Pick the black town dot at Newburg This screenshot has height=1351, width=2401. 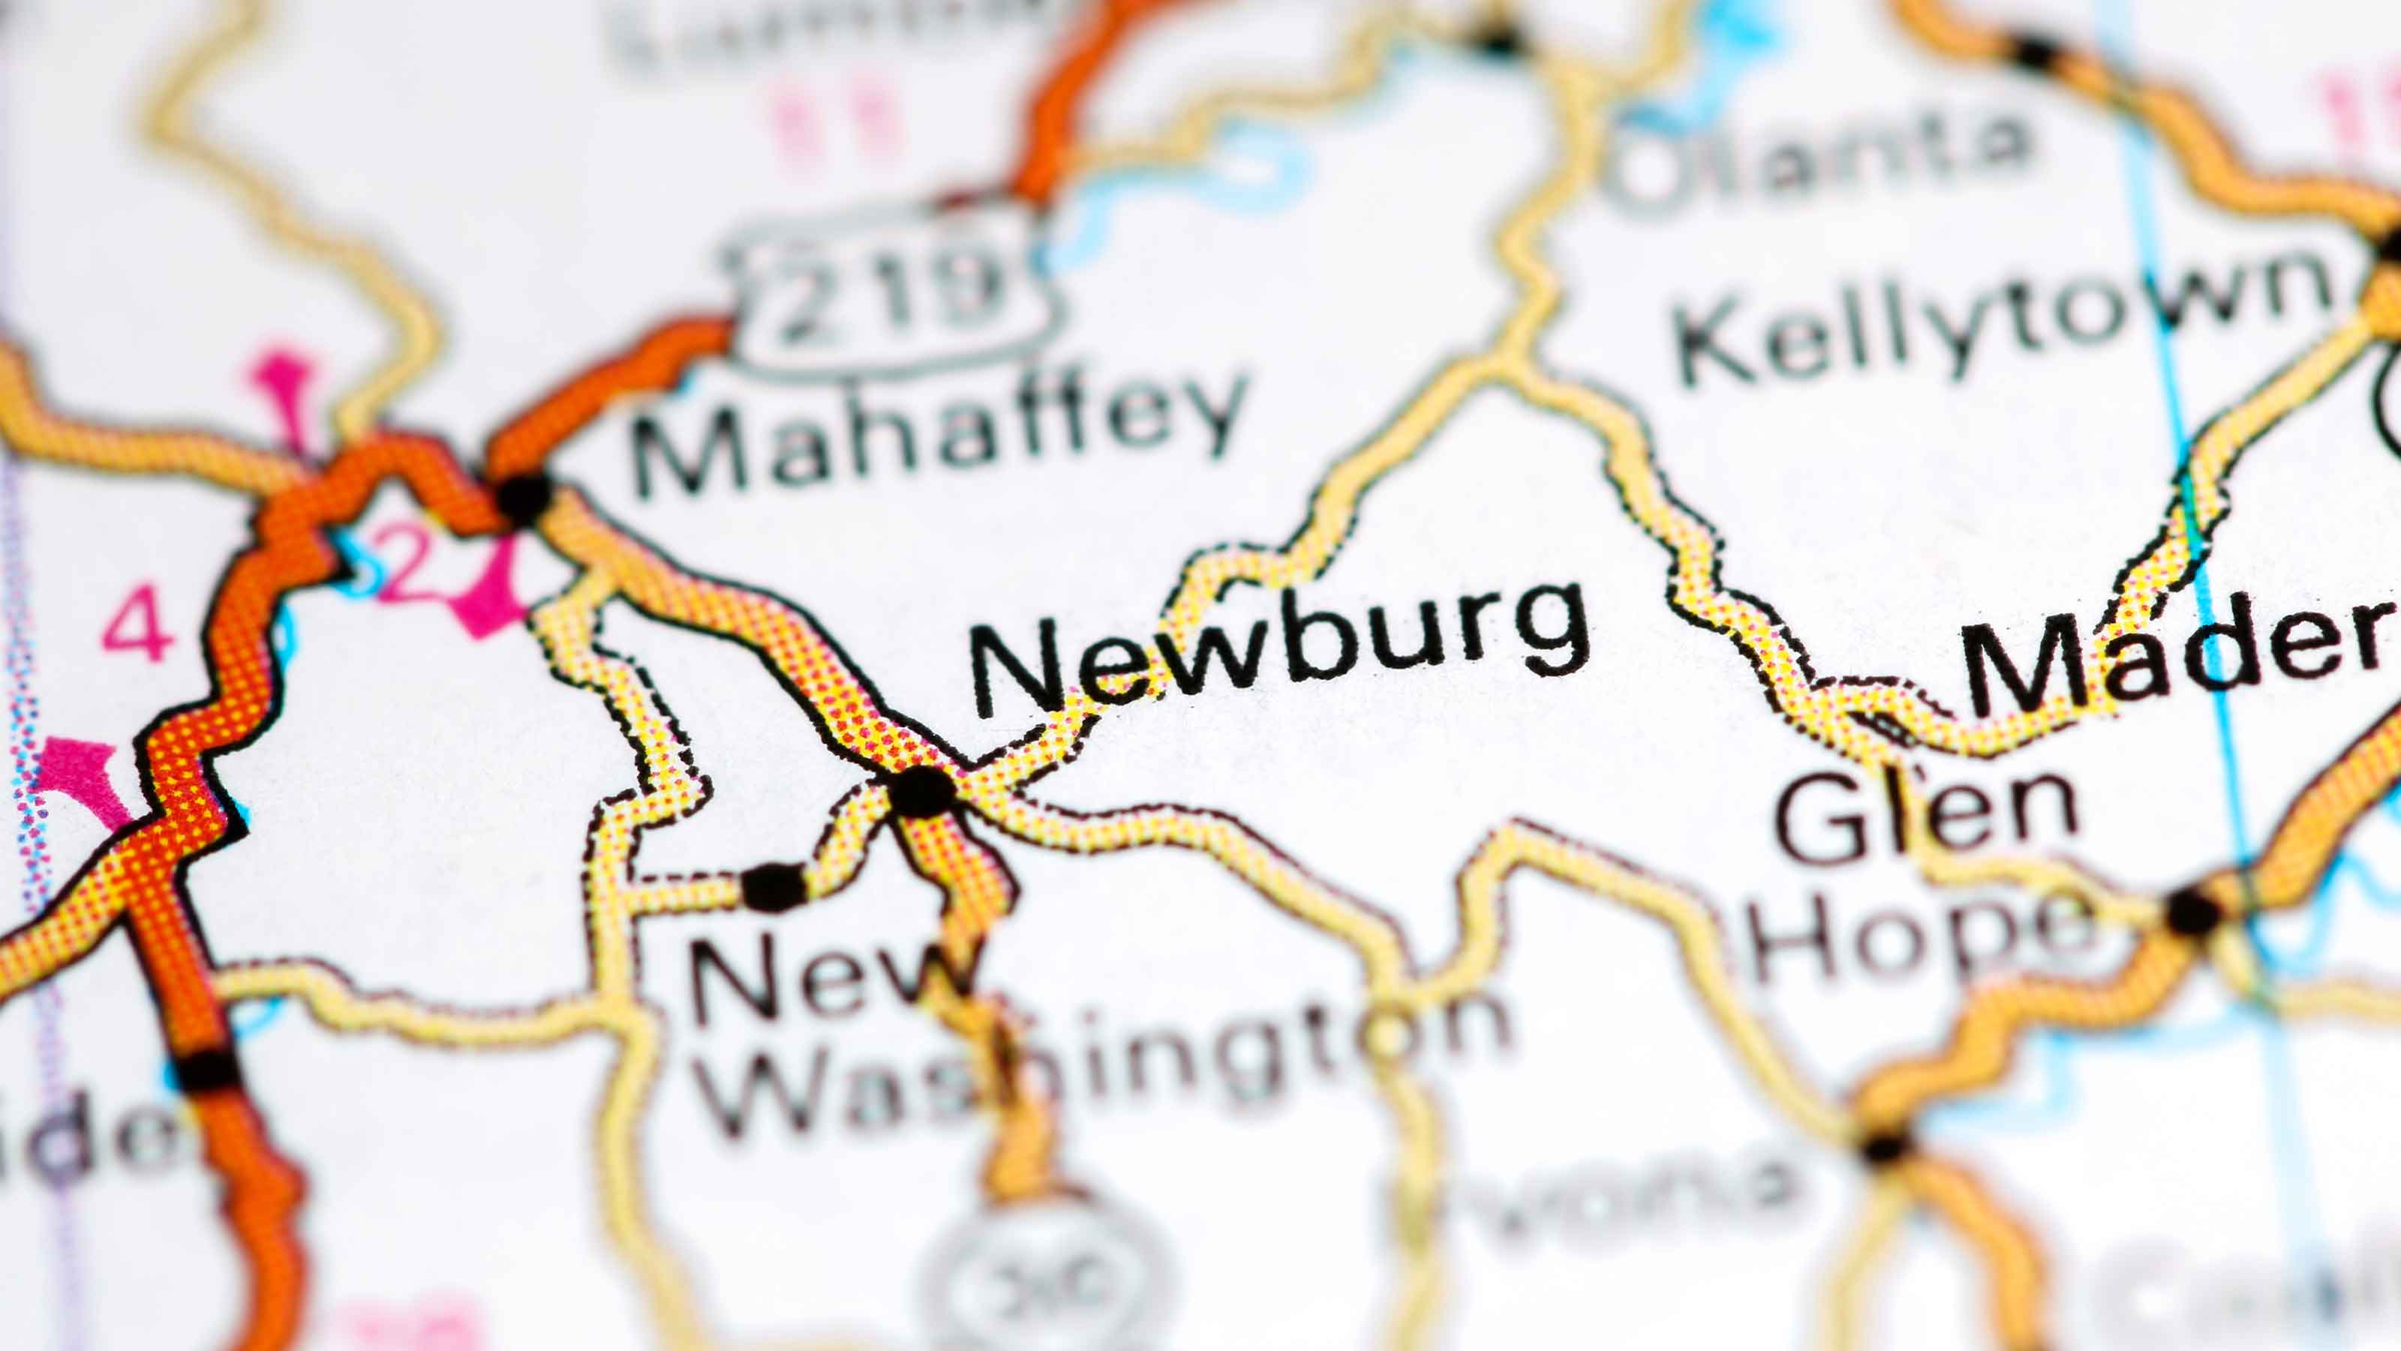(923, 792)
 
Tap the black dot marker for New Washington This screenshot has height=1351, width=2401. (774, 885)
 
